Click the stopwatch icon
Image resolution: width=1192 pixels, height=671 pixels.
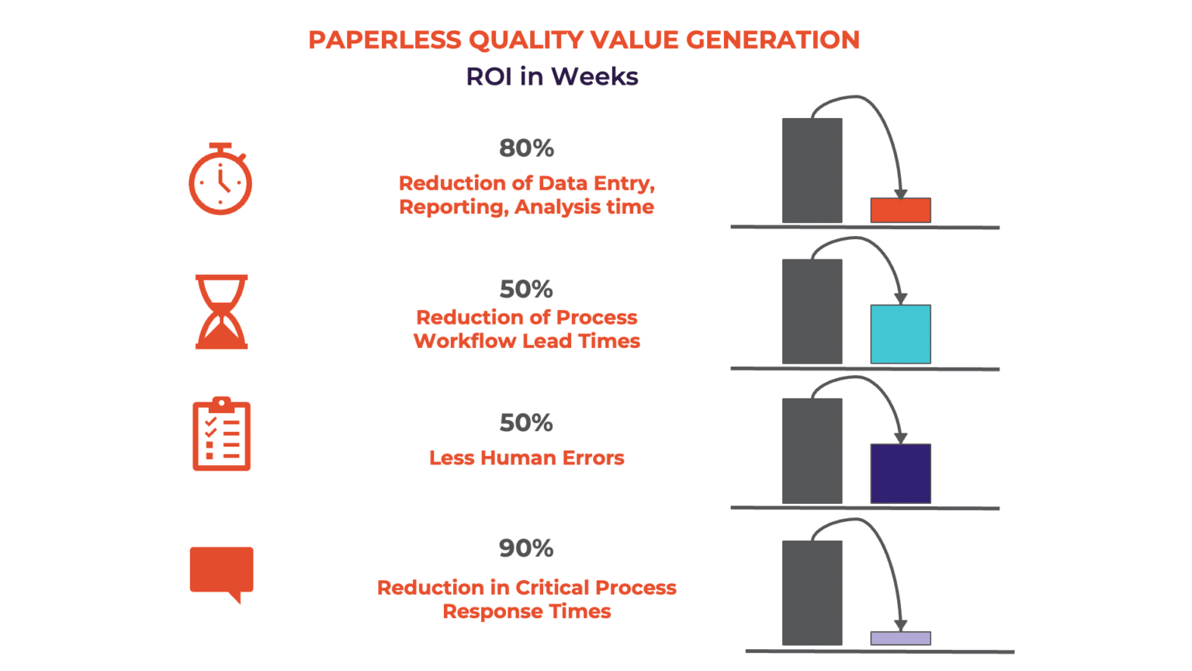click(220, 180)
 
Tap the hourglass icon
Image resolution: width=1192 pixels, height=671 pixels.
click(221, 311)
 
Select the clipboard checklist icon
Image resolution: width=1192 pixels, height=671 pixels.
click(221, 434)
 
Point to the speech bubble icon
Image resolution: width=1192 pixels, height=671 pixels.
click(222, 572)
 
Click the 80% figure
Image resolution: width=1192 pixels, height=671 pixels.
click(526, 148)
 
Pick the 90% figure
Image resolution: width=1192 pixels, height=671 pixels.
click(526, 548)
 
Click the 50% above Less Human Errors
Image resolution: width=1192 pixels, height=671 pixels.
click(526, 422)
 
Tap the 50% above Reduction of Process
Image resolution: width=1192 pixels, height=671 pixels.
click(526, 289)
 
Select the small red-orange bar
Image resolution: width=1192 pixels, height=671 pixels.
click(900, 210)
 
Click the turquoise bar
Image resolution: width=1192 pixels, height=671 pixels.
click(900, 334)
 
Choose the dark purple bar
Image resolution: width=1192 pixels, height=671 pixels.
click(900, 474)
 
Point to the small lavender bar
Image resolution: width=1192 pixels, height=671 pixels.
click(900, 638)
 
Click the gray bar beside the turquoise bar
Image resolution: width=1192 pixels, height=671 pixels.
click(812, 311)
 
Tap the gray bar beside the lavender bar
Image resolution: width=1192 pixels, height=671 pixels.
click(812, 593)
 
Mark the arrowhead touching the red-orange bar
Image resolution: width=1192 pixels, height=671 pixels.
click(900, 194)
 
